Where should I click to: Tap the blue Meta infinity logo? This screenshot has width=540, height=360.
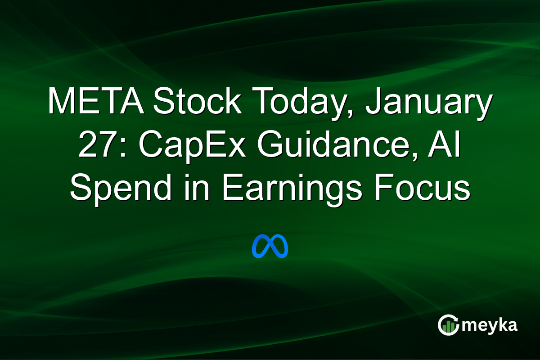point(270,246)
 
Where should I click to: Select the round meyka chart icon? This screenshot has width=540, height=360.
point(448,325)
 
